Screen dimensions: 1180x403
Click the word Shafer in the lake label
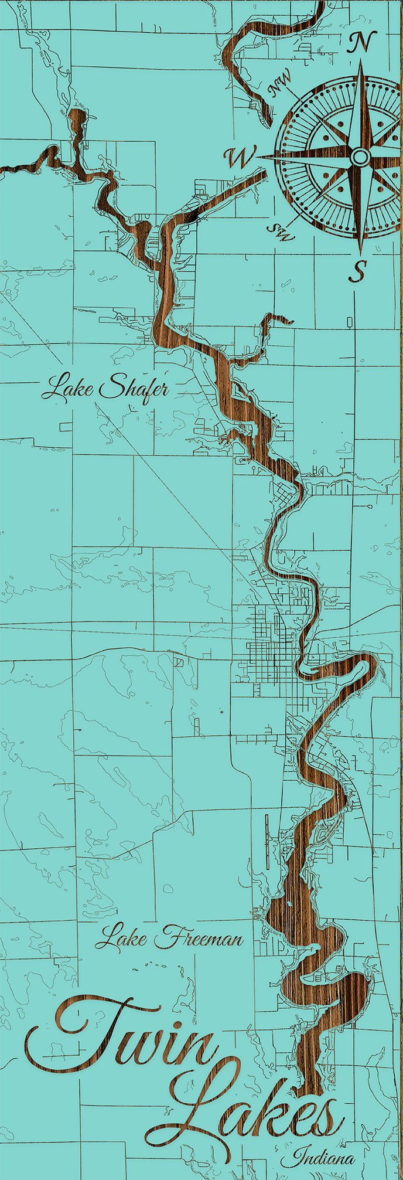coord(135,388)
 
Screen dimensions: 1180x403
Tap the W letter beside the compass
coord(238,157)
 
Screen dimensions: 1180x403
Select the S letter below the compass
coord(358,270)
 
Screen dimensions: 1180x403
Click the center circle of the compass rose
coord(360,157)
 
